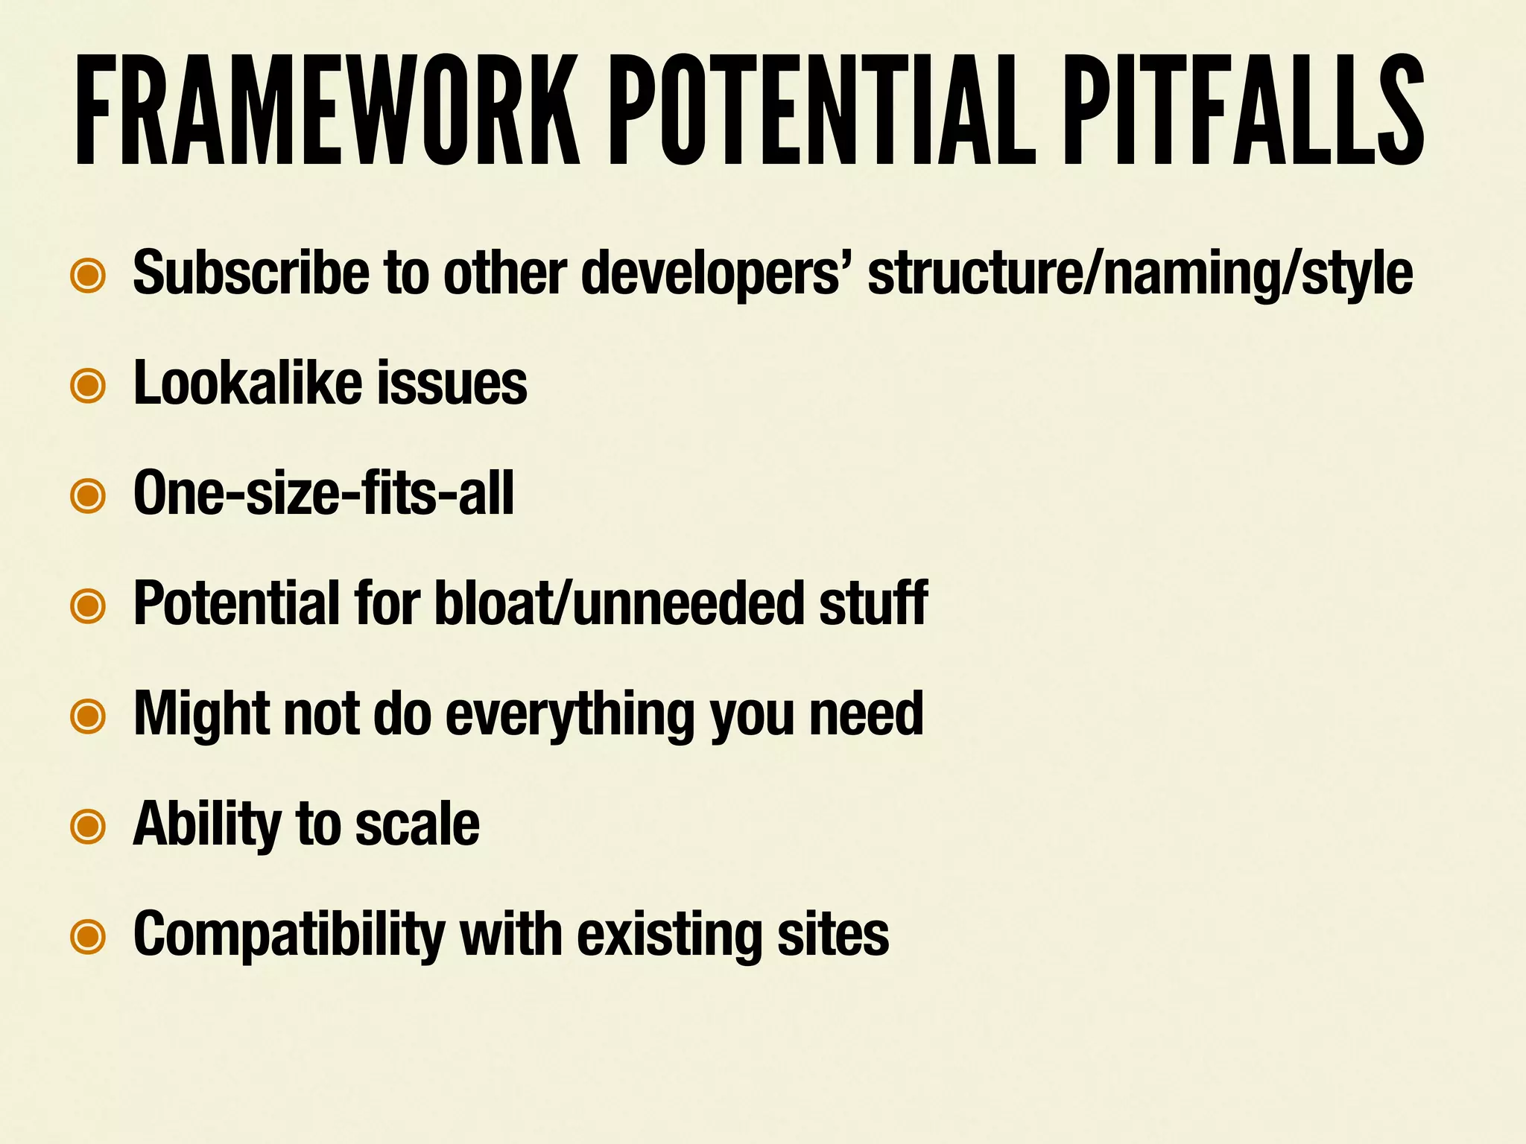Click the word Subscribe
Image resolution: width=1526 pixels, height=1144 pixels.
point(250,273)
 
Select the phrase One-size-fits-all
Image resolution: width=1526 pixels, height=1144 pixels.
point(323,493)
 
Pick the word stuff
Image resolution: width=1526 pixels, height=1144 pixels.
point(873,603)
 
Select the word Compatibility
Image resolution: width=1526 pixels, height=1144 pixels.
point(288,934)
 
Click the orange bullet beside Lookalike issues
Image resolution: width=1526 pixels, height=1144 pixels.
point(88,385)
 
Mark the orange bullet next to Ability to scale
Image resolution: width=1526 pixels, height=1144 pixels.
point(88,826)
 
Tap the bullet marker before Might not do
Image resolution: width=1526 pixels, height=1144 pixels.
point(88,716)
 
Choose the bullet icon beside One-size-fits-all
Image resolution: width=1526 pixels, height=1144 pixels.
point(88,495)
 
